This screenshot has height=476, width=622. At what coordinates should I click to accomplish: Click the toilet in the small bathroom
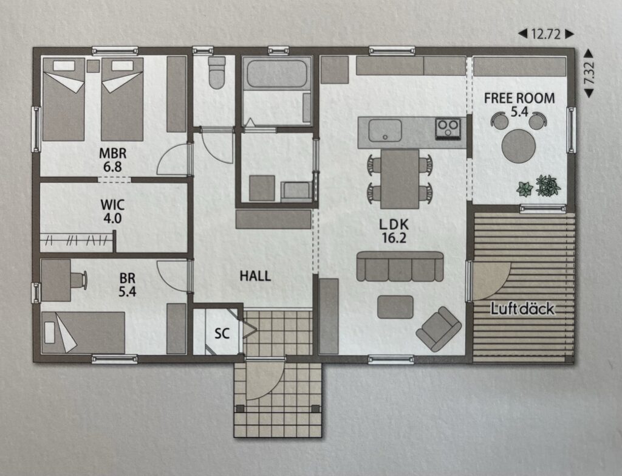tap(217, 73)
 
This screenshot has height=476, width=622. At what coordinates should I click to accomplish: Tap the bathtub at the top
tap(277, 74)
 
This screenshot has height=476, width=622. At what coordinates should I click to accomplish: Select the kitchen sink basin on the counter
tap(384, 131)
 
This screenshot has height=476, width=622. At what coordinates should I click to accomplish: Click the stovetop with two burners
tap(448, 129)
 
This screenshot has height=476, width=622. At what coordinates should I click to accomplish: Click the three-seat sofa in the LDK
tap(400, 266)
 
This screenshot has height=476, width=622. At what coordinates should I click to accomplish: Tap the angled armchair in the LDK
tap(439, 329)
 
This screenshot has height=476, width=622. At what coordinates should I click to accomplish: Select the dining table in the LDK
tap(400, 179)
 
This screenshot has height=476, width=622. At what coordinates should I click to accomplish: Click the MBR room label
tap(112, 153)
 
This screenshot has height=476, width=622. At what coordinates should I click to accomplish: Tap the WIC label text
tap(112, 205)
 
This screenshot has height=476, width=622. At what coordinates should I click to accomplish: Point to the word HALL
tap(255, 276)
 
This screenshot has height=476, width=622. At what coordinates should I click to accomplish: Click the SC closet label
tap(222, 334)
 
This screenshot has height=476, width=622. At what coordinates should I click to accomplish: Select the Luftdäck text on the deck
tap(522, 308)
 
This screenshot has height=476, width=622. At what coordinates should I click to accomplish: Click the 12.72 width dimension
tap(546, 35)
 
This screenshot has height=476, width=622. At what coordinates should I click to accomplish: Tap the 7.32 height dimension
tap(589, 74)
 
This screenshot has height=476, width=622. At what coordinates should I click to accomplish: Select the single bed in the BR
tap(83, 333)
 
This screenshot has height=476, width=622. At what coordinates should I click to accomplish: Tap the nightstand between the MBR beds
tap(93, 66)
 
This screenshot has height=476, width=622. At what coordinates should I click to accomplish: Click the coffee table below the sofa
tap(395, 306)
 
